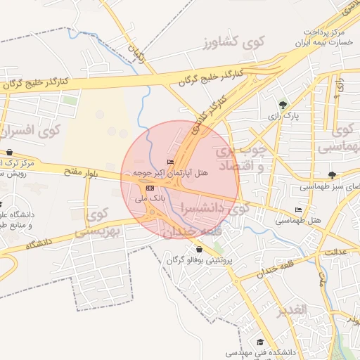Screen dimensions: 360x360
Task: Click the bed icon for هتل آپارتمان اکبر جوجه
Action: pos(170,162)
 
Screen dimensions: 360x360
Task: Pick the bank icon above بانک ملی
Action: pos(150,188)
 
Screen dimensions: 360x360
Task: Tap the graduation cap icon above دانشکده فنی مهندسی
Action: pos(260,342)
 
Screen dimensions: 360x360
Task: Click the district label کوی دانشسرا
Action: pos(215,209)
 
